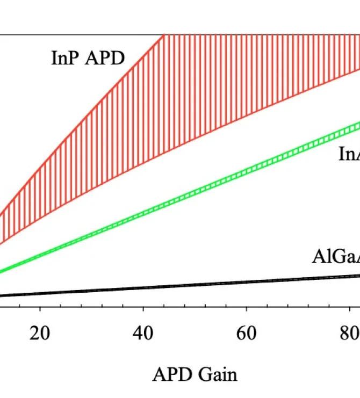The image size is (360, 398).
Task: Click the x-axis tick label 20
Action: pyautogui.click(x=40, y=334)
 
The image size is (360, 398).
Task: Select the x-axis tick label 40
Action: pyautogui.click(x=143, y=334)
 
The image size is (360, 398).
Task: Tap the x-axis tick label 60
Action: pyautogui.click(x=246, y=334)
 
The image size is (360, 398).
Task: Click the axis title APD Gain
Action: pyautogui.click(x=195, y=374)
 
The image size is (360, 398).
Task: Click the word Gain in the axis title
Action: pyautogui.click(x=218, y=374)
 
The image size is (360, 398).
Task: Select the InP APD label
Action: pyautogui.click(x=88, y=57)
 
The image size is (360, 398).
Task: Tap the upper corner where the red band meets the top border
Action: pyautogui.click(x=163, y=35)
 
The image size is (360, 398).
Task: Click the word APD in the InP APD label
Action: pyautogui.click(x=105, y=57)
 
